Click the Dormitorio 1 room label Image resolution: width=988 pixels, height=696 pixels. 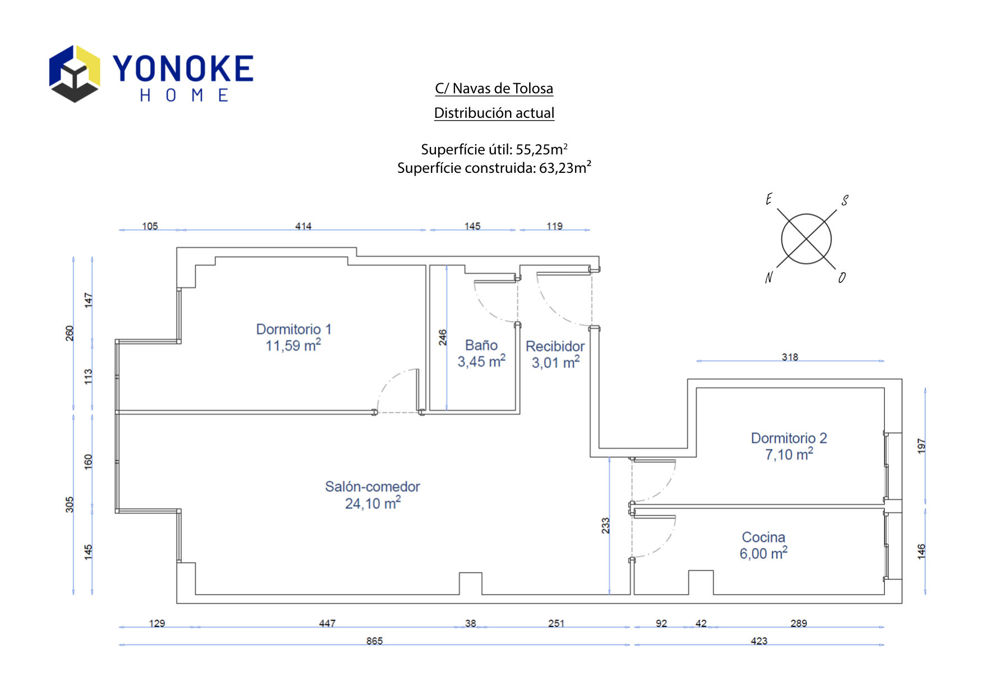293,329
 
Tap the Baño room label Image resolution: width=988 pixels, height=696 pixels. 481,345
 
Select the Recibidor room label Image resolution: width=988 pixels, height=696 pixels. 555,346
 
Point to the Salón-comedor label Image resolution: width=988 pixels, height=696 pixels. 373,487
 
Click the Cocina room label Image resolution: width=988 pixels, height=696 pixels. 764,537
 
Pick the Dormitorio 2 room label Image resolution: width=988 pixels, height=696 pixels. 789,438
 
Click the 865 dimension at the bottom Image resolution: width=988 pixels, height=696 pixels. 374,641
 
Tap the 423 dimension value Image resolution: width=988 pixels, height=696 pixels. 759,641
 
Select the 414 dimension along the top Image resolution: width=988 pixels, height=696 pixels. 303,226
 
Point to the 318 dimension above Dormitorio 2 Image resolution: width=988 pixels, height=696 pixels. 789,357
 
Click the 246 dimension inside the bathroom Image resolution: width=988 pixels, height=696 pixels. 443,337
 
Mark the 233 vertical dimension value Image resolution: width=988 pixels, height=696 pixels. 605,525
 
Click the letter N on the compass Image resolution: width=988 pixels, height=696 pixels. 769,277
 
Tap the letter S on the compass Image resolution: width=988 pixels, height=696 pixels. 844,200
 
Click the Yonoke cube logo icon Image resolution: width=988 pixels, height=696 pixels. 75,74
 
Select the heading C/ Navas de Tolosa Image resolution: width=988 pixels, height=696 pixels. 494,89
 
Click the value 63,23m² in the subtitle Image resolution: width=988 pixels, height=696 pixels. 565,168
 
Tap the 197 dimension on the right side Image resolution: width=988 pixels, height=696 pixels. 921,446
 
